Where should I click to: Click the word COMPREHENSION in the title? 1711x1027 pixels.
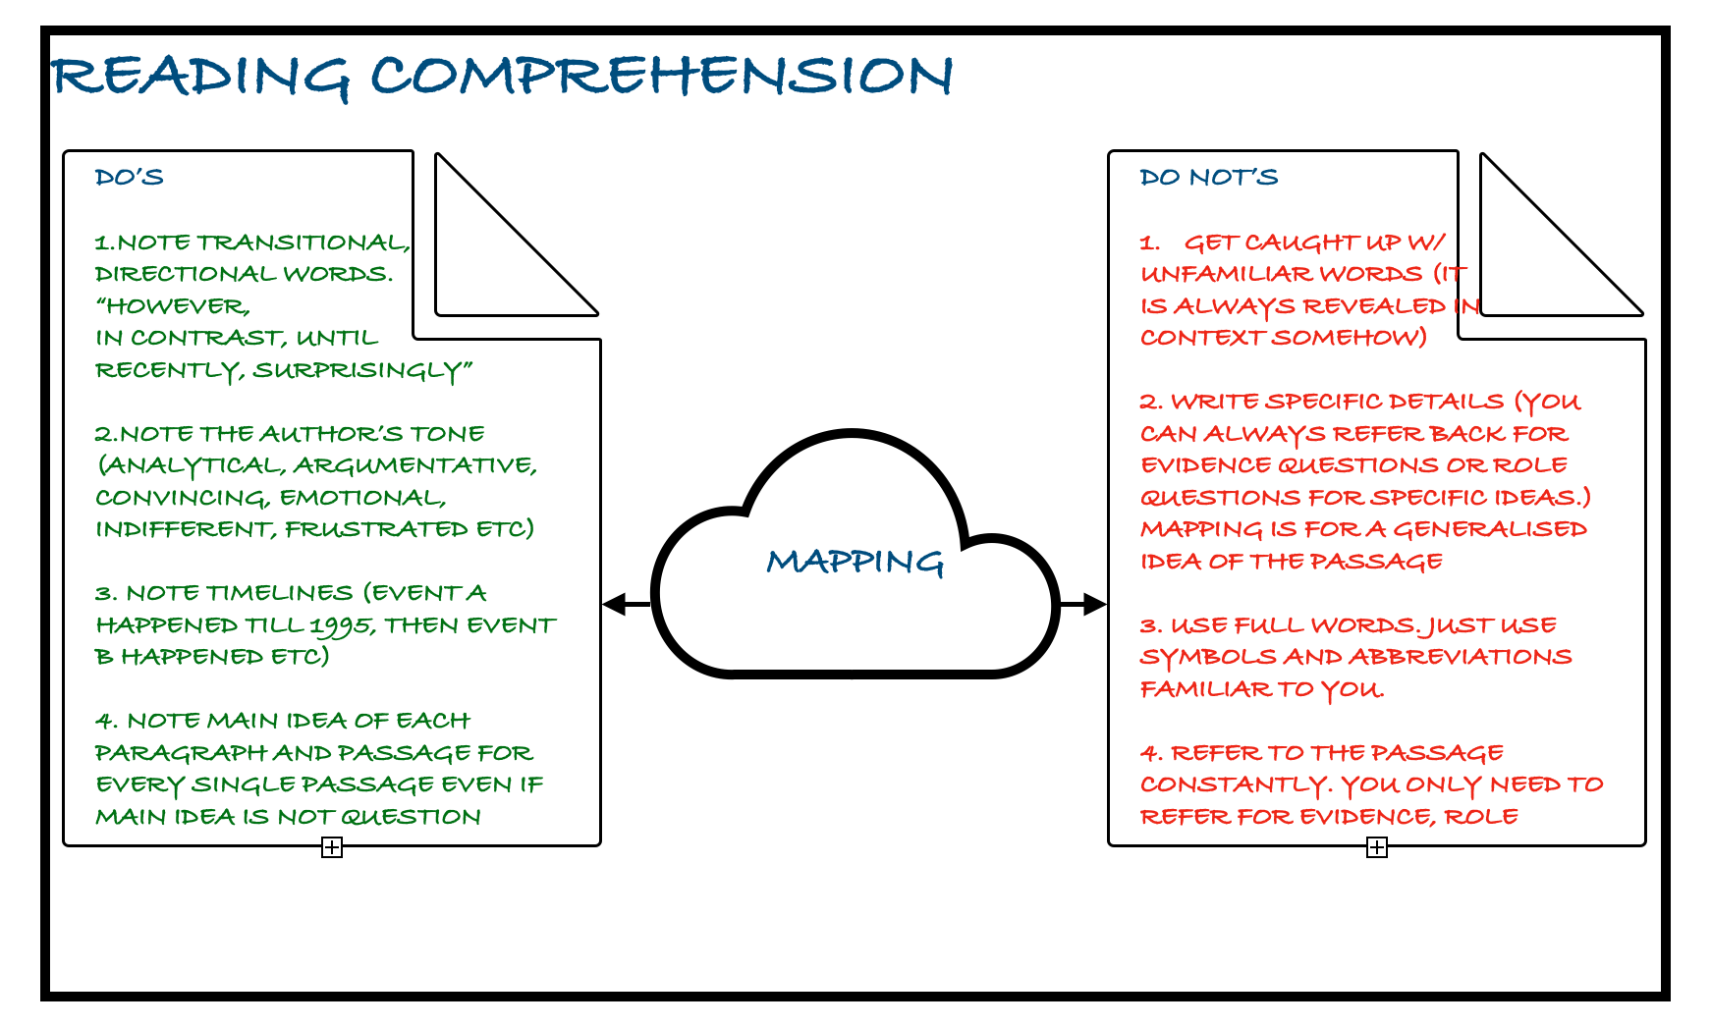click(x=661, y=76)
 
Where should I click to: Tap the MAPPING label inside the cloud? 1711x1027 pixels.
click(x=855, y=562)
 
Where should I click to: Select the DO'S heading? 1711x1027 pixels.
click(x=129, y=178)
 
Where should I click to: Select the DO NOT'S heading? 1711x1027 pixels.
click(x=1208, y=178)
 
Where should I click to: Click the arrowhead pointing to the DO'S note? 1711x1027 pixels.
click(x=614, y=604)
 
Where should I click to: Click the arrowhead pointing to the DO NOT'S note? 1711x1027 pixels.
click(x=1094, y=604)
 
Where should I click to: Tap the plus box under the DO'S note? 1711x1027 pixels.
click(x=332, y=847)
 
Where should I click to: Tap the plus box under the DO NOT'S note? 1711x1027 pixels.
click(x=1377, y=847)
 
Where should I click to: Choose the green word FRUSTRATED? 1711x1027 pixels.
click(x=377, y=530)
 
